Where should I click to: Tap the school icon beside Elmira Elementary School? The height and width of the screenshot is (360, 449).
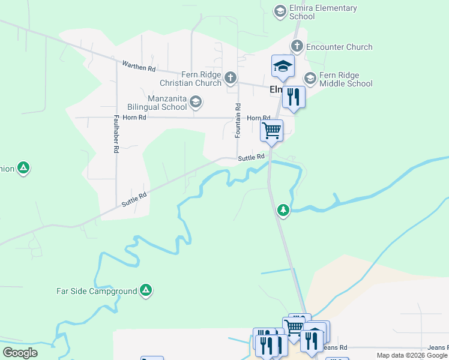pyautogui.click(x=280, y=11)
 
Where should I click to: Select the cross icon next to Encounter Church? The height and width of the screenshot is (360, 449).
pyautogui.click(x=297, y=46)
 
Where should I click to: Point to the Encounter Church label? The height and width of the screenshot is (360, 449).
pyautogui.click(x=339, y=47)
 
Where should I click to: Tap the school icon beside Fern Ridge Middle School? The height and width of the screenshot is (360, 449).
pyautogui.click(x=310, y=78)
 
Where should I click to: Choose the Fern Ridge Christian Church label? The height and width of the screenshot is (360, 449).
pyautogui.click(x=190, y=79)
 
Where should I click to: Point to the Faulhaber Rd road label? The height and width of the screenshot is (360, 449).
pyautogui.click(x=115, y=134)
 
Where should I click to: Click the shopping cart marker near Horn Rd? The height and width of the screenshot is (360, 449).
pyautogui.click(x=272, y=130)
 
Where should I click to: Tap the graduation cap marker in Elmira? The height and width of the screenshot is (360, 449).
pyautogui.click(x=283, y=67)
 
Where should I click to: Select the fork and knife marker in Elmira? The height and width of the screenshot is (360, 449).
pyautogui.click(x=294, y=97)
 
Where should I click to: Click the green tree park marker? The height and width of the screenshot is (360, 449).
pyautogui.click(x=283, y=211)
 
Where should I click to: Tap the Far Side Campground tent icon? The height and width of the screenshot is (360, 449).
pyautogui.click(x=145, y=291)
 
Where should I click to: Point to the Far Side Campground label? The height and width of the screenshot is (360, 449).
pyautogui.click(x=97, y=292)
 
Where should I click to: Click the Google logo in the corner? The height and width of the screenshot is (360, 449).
pyautogui.click(x=20, y=353)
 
